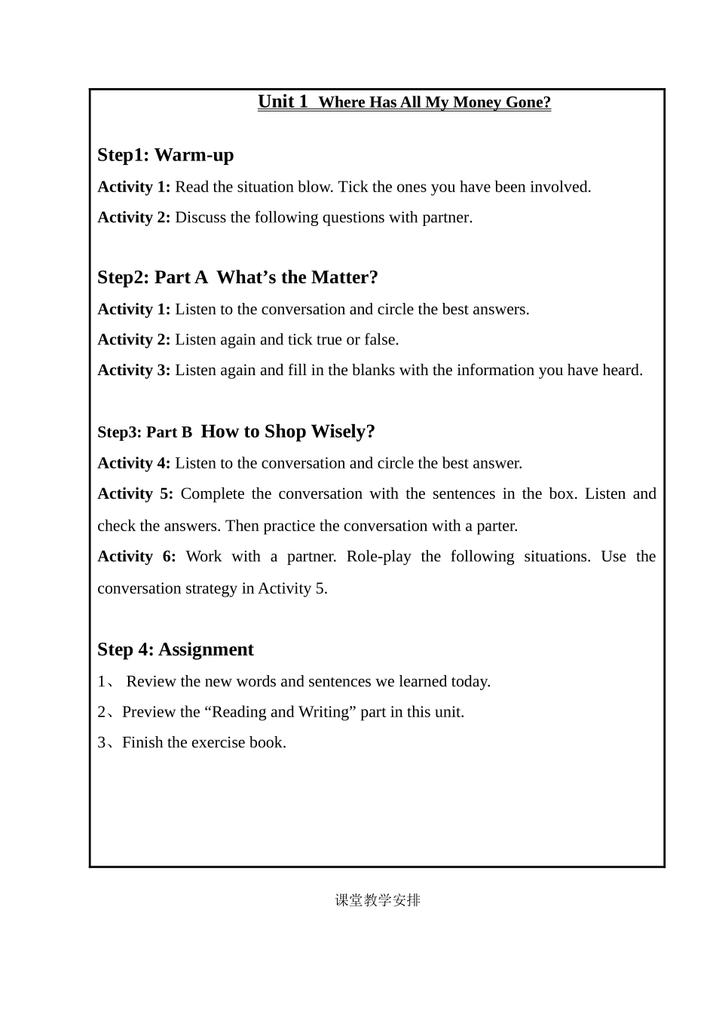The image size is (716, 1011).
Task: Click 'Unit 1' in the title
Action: [283, 102]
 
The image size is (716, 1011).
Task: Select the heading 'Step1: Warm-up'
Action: [166, 155]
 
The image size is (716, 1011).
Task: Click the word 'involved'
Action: [561, 187]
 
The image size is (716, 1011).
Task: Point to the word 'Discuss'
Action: [201, 218]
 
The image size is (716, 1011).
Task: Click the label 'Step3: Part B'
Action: [145, 432]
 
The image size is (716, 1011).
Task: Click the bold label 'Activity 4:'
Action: [134, 463]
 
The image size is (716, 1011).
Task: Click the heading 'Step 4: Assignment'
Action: [176, 649]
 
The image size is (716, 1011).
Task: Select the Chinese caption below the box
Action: [378, 900]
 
